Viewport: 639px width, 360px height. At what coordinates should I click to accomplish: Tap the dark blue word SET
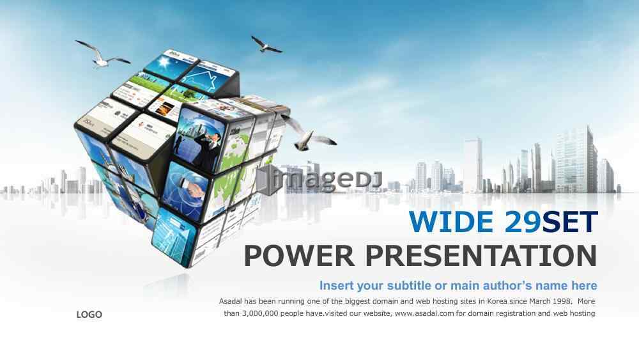point(570,222)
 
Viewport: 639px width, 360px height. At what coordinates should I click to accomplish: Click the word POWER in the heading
point(300,256)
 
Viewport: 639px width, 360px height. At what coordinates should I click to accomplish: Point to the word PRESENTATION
point(481,256)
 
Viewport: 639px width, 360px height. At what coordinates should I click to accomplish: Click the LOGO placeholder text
point(89,315)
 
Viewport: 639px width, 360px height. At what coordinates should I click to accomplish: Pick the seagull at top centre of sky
point(266,45)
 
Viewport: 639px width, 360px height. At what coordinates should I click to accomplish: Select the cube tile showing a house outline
point(207,77)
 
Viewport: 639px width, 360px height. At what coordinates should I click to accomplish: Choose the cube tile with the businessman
point(199,137)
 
